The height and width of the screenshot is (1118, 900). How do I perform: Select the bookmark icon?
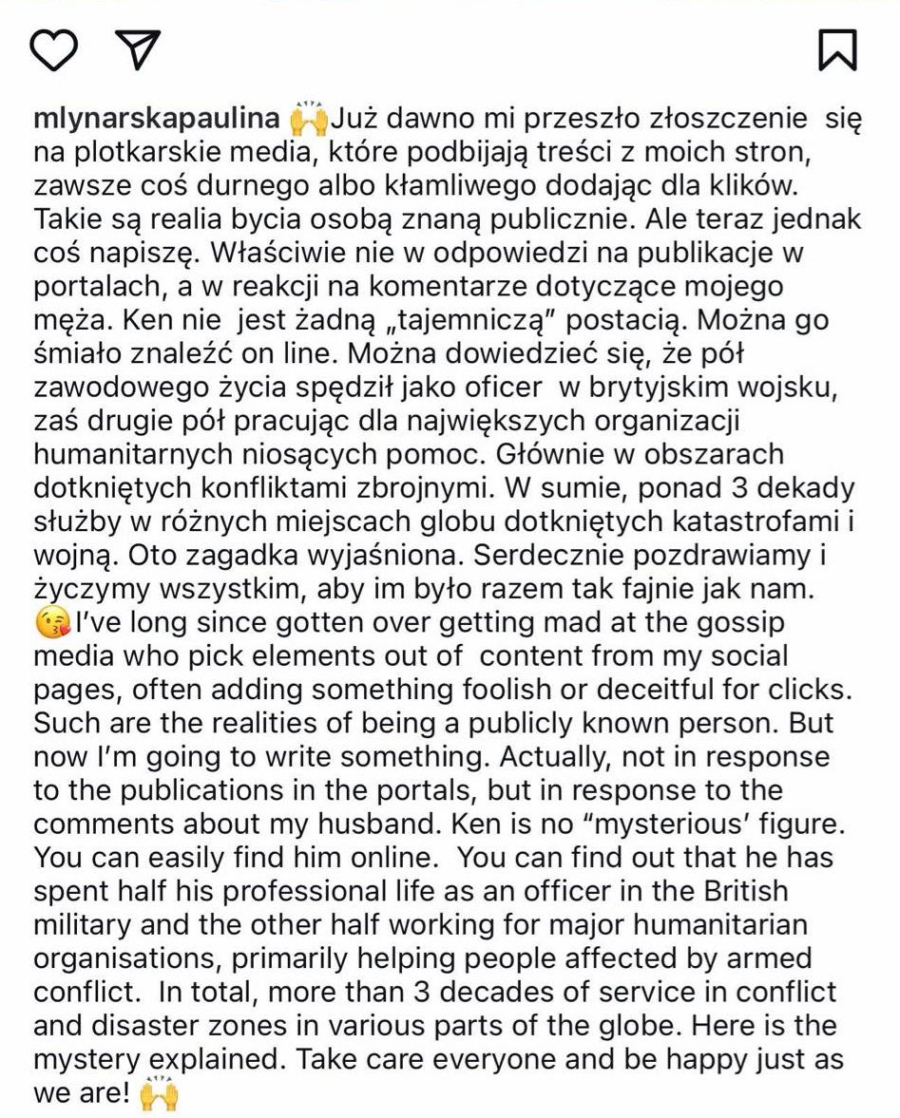coord(837,49)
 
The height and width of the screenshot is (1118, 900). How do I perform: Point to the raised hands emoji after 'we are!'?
coord(159,1094)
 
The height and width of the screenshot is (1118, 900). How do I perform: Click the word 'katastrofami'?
coord(768,522)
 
